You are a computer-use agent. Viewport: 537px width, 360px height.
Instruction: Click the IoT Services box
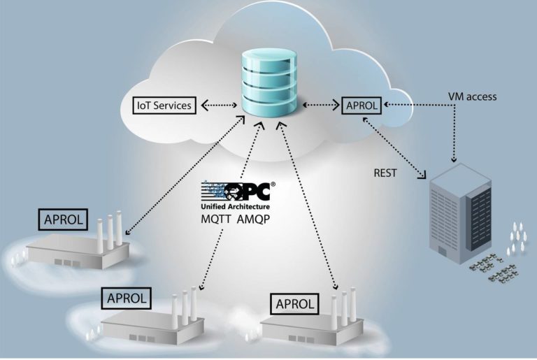(x=164, y=106)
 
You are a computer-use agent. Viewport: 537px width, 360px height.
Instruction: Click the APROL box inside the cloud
(x=361, y=106)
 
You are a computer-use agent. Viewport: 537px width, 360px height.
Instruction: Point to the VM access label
(x=472, y=96)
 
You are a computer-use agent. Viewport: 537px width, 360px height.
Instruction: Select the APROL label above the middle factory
(x=127, y=298)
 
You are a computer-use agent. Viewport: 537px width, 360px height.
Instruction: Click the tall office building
(x=459, y=213)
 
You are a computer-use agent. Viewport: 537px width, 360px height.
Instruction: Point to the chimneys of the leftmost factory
(x=110, y=231)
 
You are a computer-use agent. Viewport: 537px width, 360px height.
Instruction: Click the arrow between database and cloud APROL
(x=320, y=106)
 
